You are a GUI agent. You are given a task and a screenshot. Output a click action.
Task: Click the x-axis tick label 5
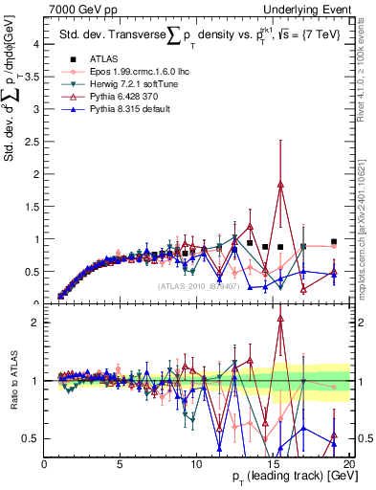(x=121, y=464)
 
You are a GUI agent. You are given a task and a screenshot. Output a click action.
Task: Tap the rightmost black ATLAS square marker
(x=333, y=242)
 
